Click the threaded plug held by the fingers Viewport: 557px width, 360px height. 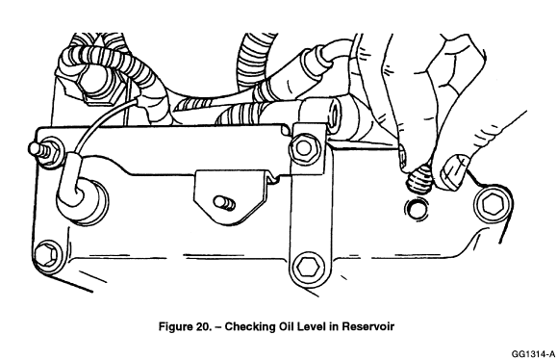pos(418,179)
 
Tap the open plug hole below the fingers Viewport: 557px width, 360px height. pos(417,209)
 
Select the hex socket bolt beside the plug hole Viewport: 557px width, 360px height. pos(493,204)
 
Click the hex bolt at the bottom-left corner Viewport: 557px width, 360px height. pos(48,254)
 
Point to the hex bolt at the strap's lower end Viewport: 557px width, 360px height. pos(309,267)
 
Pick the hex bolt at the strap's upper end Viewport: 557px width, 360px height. pos(304,148)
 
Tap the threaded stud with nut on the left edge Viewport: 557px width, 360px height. pos(45,152)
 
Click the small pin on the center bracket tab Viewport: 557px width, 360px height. pos(224,203)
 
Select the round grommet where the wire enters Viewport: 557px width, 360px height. pos(83,202)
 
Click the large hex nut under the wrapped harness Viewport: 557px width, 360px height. pos(94,87)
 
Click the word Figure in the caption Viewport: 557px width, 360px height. pos(175,326)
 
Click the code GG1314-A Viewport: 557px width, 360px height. pos(533,354)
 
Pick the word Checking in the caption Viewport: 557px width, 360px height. pos(247,326)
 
